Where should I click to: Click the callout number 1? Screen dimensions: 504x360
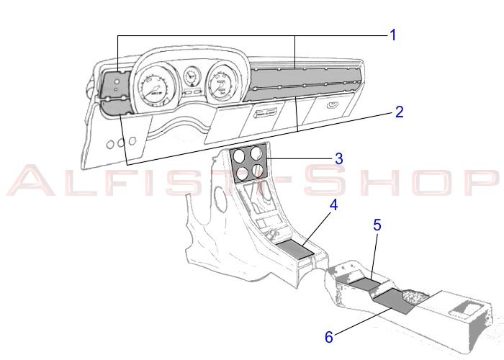coord(393,35)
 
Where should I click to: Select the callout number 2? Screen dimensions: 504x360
coord(399,112)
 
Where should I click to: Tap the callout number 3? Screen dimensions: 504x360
coord(339,159)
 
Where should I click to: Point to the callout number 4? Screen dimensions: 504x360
coord(334,205)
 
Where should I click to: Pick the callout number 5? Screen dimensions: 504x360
coord(377,225)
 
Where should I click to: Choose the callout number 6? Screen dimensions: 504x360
coord(329,337)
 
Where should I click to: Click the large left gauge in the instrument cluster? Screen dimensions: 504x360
coord(154,86)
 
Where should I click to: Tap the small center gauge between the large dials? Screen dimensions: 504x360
coord(191,76)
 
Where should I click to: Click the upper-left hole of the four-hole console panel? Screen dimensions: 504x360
coord(239,156)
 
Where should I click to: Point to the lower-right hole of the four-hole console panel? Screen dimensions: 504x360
coord(258,171)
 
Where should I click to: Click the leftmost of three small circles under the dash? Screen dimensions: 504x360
coord(110,145)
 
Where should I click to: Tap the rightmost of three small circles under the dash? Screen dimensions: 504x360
coord(132,140)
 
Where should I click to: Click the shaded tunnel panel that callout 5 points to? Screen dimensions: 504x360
coord(365,283)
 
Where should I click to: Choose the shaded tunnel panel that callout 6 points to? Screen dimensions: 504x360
coord(393,301)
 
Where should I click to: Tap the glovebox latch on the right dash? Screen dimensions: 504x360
coord(332,105)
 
